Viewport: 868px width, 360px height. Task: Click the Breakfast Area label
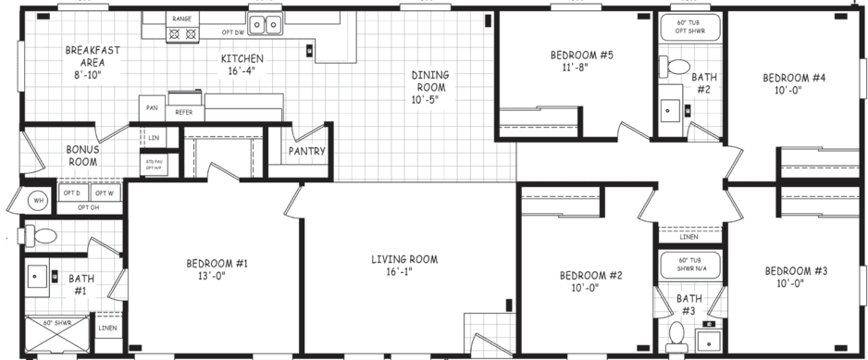tap(84, 63)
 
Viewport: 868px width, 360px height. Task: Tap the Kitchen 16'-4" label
tap(242, 65)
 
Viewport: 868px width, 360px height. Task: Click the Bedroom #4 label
tap(793, 83)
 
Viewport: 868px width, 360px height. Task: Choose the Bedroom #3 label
tap(796, 277)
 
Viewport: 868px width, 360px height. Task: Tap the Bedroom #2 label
tap(590, 280)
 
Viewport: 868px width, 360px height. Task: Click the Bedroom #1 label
tap(217, 269)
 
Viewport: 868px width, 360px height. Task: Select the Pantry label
tap(304, 151)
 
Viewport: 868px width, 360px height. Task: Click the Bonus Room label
tap(82, 155)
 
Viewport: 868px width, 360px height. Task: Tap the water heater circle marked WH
tap(39, 200)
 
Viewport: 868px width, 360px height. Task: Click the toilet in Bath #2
tap(673, 67)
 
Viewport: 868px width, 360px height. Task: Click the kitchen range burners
tap(180, 35)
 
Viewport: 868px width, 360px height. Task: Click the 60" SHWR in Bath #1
tap(56, 334)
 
